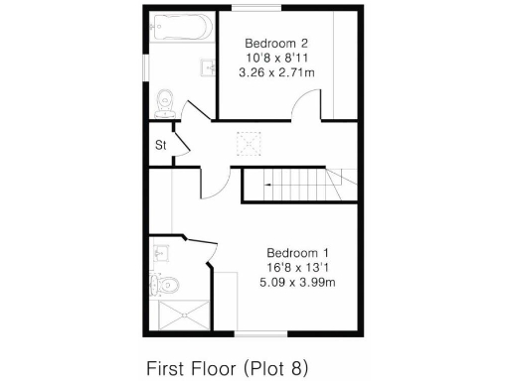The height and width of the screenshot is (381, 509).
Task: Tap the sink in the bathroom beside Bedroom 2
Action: pos(209,66)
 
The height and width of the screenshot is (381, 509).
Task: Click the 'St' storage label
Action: pos(159,145)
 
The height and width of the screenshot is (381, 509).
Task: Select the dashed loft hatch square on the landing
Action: pos(247,145)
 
